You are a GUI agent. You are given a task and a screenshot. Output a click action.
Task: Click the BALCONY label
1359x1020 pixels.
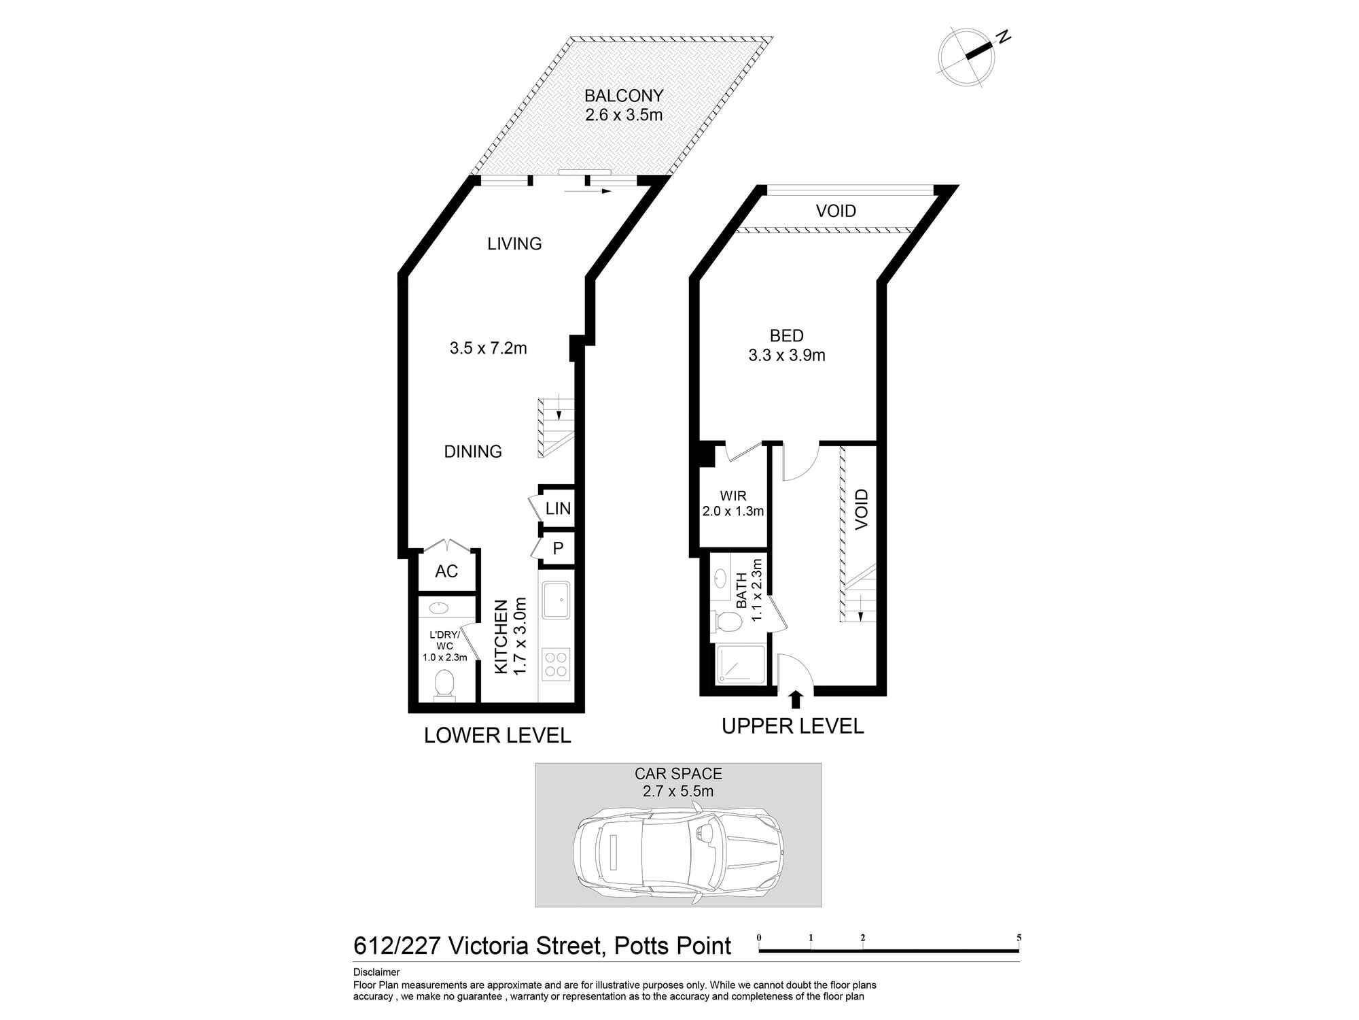point(624,96)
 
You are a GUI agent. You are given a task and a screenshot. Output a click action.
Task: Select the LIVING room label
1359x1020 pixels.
point(514,243)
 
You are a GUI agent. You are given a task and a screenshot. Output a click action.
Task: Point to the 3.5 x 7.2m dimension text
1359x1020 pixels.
point(488,348)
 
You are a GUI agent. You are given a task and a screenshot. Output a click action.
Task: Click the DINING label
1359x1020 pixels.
point(473,452)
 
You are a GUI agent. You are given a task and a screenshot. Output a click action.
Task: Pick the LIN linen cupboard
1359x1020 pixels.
point(558,508)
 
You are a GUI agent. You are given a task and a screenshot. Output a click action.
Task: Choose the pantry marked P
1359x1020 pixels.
point(558,548)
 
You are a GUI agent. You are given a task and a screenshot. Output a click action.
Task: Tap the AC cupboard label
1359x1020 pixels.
point(446,571)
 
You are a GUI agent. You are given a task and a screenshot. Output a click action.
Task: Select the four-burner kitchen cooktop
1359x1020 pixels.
point(557,664)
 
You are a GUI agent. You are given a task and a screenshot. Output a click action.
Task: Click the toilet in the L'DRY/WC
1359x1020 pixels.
point(444,683)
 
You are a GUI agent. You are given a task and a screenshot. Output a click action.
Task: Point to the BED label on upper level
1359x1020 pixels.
point(787,335)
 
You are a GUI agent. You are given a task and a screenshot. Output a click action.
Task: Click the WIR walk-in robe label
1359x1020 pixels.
point(733,496)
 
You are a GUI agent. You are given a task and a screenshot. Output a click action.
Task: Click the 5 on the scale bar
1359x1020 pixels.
point(1019,938)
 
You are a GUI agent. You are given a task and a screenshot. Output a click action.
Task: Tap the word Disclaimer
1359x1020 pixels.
point(376,972)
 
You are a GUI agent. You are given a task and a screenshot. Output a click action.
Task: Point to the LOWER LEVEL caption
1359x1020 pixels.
point(497,735)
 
